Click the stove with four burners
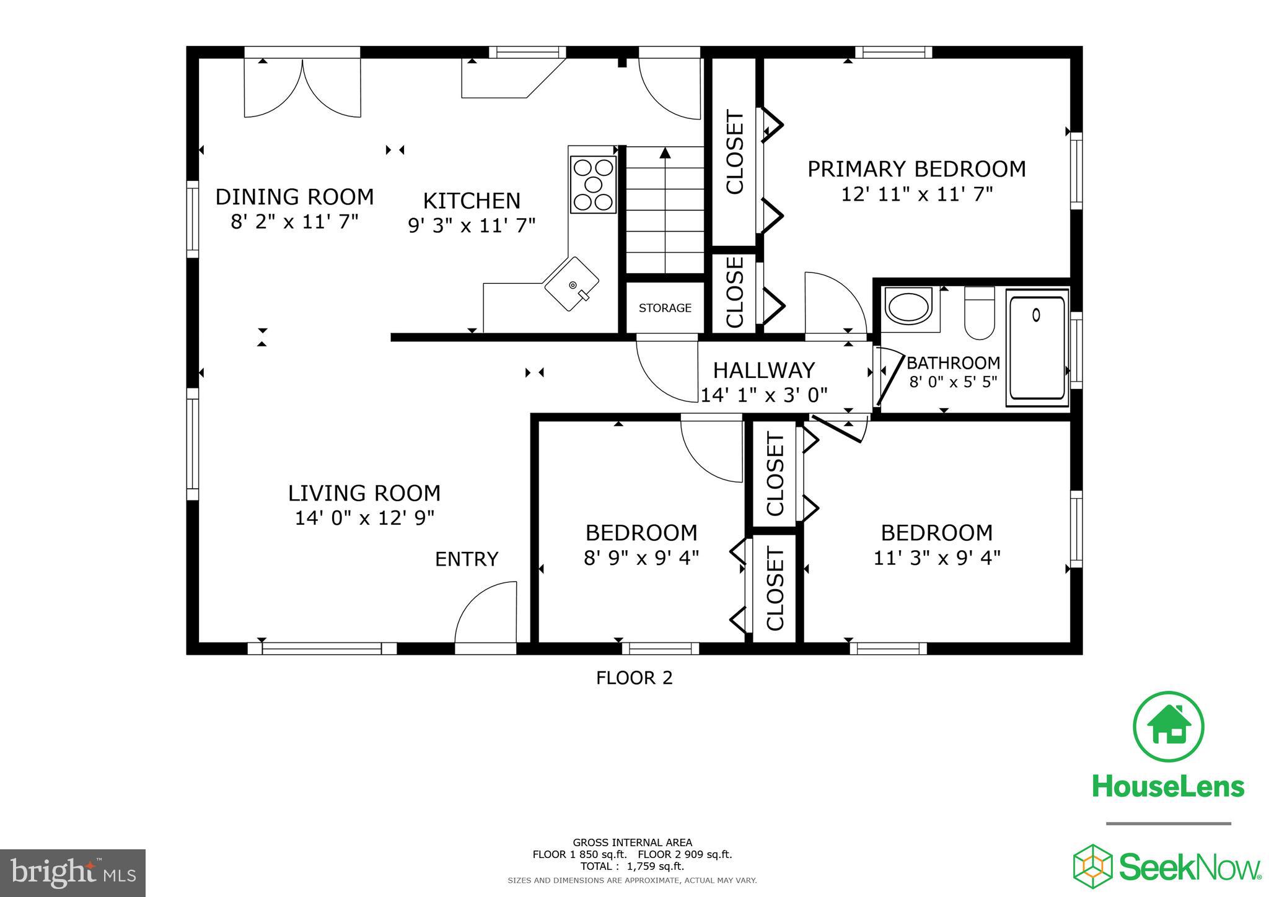[x=593, y=184]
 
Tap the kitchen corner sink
[x=571, y=284]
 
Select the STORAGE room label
[x=665, y=308]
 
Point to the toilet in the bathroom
[x=979, y=313]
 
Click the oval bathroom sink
[x=908, y=305]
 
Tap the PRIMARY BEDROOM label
[x=916, y=168]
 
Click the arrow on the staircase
[x=665, y=154]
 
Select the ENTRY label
[x=467, y=559]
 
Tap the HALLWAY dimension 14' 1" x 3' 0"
[x=763, y=395]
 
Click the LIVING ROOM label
[x=364, y=493]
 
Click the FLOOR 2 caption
[x=634, y=678]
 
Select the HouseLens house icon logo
[x=1168, y=726]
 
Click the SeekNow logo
[x=1167, y=865]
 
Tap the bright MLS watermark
[x=72, y=873]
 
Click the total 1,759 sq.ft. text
[x=632, y=867]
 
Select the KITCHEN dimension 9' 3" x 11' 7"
[x=471, y=225]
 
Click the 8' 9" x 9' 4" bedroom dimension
[x=641, y=558]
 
